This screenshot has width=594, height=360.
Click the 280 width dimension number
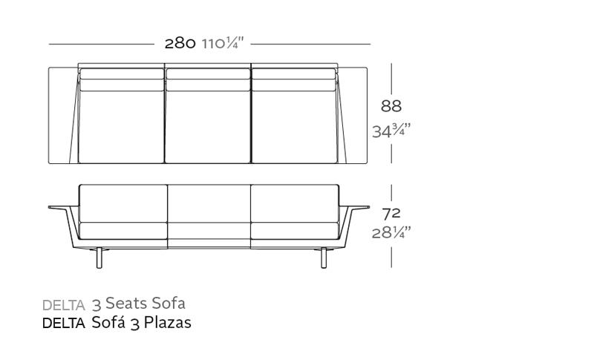[180, 44]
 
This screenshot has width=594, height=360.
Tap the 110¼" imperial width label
[223, 44]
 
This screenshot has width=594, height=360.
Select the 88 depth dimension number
[391, 106]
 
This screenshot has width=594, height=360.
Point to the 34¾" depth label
[391, 131]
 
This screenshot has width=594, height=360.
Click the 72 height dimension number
[391, 215]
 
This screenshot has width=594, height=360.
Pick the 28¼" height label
[391, 232]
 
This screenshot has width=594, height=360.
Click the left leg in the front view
[99, 258]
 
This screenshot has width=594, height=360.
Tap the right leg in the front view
[324, 258]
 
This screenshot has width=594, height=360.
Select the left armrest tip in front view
[50, 207]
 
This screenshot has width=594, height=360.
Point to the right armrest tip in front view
[368, 207]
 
